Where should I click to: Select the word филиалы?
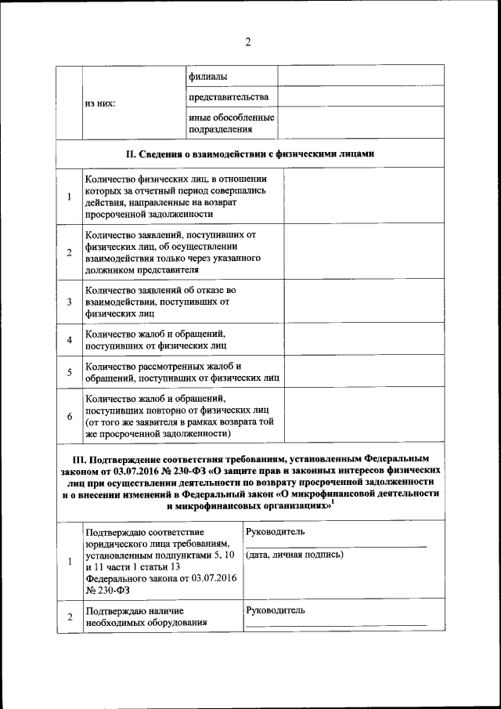pyautogui.click(x=207, y=76)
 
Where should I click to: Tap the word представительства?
pyautogui.click(x=228, y=96)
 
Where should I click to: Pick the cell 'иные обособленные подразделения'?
pyautogui.click(x=231, y=123)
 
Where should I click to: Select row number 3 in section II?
pyautogui.click(x=70, y=302)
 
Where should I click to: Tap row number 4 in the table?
pyautogui.click(x=70, y=339)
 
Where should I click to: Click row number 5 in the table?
pyautogui.click(x=70, y=371)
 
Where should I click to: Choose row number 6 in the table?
pyautogui.click(x=70, y=415)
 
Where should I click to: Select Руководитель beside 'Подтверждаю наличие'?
pyautogui.click(x=275, y=610)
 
